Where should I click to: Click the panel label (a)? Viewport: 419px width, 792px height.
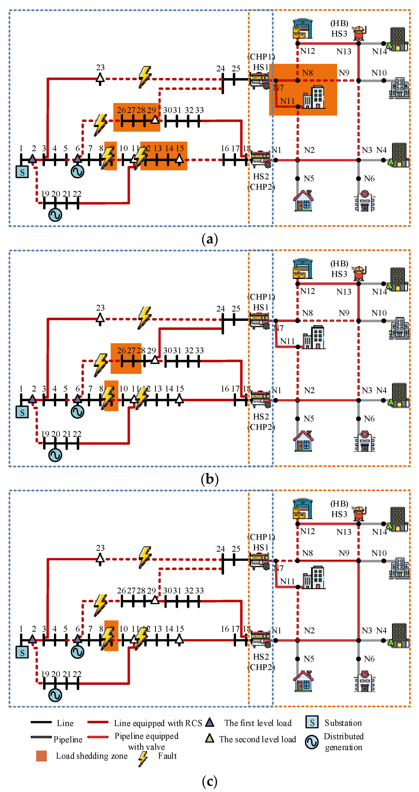click(x=210, y=239)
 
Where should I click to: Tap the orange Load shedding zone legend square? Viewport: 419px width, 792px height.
click(x=41, y=756)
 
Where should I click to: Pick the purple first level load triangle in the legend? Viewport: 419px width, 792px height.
click(x=210, y=722)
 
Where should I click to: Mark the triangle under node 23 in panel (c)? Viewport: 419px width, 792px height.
click(x=100, y=559)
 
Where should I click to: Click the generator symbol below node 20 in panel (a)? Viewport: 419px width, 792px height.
click(x=55, y=215)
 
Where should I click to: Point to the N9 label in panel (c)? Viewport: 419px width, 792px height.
click(x=344, y=553)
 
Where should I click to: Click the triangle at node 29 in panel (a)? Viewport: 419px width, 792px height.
click(x=155, y=120)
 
